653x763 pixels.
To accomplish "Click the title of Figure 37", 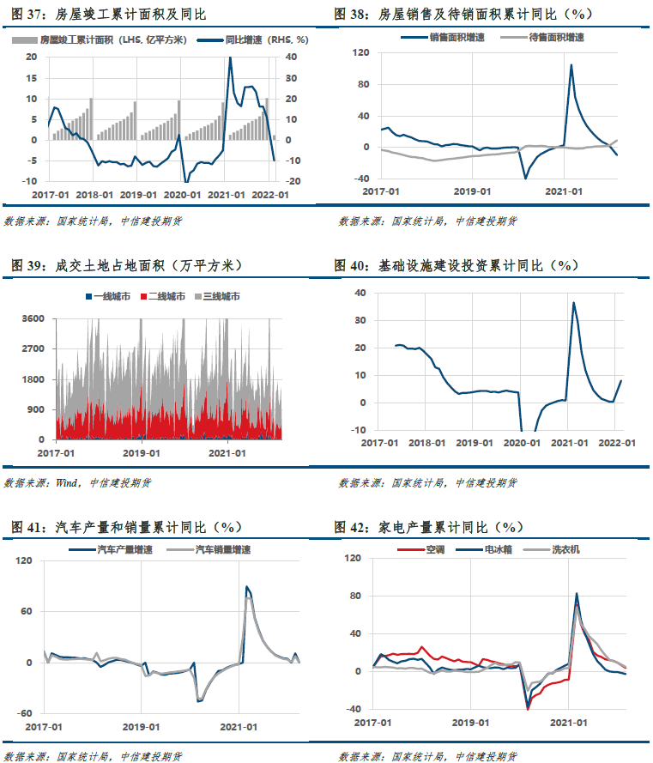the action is pyautogui.click(x=108, y=14).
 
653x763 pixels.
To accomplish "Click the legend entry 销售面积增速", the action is pyautogui.click(x=444, y=38).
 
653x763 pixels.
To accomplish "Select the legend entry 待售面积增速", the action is pyautogui.click(x=542, y=38).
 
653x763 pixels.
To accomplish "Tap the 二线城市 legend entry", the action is pyautogui.click(x=163, y=296).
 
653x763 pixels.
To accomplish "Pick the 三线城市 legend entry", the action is pyautogui.click(x=217, y=296).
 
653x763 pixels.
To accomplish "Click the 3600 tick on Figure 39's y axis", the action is pyautogui.click(x=33, y=318).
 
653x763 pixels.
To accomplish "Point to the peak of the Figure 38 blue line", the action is pyautogui.click(x=571, y=64).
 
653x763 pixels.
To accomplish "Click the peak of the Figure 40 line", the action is pyautogui.click(x=574, y=303).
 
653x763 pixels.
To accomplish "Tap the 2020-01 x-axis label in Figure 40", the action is pyautogui.click(x=522, y=444).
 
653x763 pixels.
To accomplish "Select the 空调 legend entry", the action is pyautogui.click(x=421, y=549).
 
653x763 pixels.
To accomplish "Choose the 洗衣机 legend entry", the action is pyautogui.click(x=552, y=549).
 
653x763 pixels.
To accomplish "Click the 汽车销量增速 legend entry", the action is pyautogui.click(x=209, y=549).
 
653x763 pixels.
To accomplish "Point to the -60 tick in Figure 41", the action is pyautogui.click(x=24, y=713).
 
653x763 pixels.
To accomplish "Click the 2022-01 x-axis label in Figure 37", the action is pyautogui.click(x=270, y=195).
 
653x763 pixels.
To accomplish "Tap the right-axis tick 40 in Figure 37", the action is pyautogui.click(x=291, y=57).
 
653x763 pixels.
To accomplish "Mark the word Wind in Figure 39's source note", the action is pyautogui.click(x=66, y=482).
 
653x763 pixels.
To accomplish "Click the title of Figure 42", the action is pyautogui.click(x=429, y=527).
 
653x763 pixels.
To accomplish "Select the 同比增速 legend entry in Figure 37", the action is pyautogui.click(x=253, y=39).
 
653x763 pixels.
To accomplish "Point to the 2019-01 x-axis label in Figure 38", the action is pyautogui.click(x=472, y=191).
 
